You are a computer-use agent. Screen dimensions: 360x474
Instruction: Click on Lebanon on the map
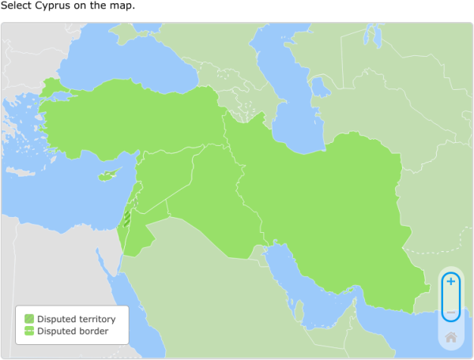coord(134,190)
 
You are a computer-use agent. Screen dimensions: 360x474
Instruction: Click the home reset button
coord(450,337)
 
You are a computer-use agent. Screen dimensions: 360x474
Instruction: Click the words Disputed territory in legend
coord(77,319)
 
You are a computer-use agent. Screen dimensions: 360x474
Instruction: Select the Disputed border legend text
coord(73,331)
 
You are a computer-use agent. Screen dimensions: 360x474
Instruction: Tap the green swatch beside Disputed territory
coord(29,319)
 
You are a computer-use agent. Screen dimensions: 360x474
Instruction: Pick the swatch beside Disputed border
coord(29,331)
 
